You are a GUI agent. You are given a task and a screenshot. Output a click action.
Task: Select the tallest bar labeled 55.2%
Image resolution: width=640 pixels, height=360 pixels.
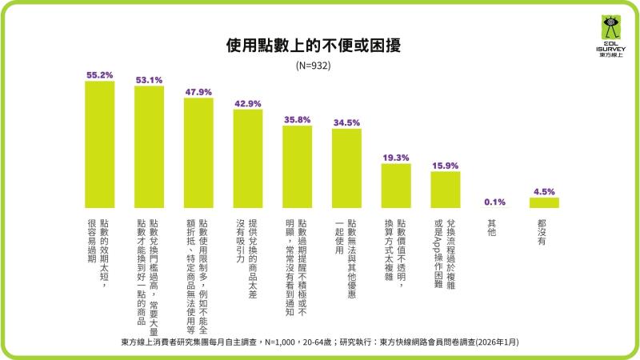click(99, 145)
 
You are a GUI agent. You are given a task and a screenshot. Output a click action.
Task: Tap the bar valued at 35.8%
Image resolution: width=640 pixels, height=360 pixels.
click(298, 167)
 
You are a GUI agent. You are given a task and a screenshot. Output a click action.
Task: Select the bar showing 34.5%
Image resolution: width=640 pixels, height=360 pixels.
click(346, 169)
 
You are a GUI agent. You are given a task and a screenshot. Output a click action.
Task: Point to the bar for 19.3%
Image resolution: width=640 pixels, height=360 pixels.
click(396, 186)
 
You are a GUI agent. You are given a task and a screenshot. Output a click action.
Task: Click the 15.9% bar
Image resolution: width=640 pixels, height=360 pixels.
click(446, 190)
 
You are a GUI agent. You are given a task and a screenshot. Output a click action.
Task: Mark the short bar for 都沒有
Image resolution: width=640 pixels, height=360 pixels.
click(544, 203)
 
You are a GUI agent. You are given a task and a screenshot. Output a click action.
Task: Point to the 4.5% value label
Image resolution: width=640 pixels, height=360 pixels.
click(544, 191)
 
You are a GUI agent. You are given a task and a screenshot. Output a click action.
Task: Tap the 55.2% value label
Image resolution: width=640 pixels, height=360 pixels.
click(99, 75)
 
